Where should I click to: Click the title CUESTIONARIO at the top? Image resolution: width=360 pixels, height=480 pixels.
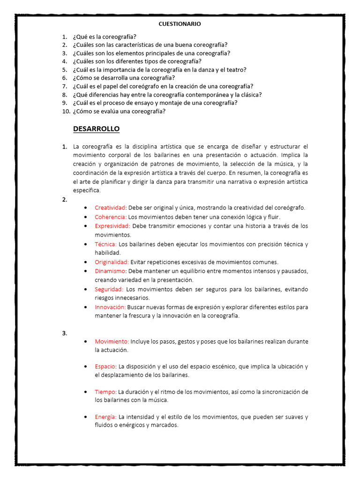tap(180, 23)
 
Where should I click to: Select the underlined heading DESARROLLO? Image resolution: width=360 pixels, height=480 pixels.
tap(96, 129)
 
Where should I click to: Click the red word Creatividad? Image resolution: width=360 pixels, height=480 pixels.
tap(111, 208)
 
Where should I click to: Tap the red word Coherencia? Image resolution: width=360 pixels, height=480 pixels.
tap(111, 217)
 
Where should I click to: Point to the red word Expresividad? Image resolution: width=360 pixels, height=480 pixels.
tap(112, 226)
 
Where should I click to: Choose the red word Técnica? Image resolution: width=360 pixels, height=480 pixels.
tap(106, 244)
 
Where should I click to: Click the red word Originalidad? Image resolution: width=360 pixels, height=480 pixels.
tap(112, 262)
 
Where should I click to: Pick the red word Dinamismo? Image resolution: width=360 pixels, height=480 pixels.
tap(111, 271)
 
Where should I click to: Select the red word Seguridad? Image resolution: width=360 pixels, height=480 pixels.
tap(109, 289)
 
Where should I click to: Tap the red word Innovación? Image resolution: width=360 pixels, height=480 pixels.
tap(110, 307)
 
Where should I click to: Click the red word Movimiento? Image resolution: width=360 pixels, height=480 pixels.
tap(112, 342)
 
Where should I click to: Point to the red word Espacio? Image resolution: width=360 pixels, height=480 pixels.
tap(106, 367)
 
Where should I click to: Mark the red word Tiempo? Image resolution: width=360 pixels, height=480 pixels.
tap(105, 392)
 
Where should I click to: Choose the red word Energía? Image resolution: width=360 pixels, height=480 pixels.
tap(106, 417)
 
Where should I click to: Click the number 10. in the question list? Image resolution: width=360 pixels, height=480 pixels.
tap(66, 112)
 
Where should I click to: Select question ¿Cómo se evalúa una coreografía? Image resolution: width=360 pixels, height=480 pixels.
tap(119, 112)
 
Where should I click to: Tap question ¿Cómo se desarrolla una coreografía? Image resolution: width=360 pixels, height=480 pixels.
tap(124, 78)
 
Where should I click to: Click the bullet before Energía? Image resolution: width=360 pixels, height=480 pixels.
tap(85, 417)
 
